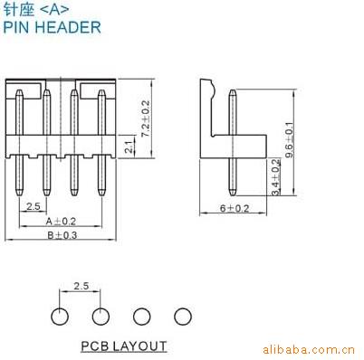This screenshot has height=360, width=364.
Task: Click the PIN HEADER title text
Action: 52,27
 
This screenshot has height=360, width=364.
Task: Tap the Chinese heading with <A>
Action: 36,9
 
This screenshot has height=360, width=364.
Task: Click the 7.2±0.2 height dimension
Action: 146,118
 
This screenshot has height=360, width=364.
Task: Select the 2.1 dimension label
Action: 129,147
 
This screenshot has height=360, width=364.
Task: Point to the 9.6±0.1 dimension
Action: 290,140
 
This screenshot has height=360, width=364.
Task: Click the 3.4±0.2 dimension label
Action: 275,177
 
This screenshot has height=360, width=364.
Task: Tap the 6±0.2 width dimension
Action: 235,208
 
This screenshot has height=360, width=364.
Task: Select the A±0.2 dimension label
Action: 61,222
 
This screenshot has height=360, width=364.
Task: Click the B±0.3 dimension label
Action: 62,235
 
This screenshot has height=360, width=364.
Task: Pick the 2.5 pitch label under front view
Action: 34,206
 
